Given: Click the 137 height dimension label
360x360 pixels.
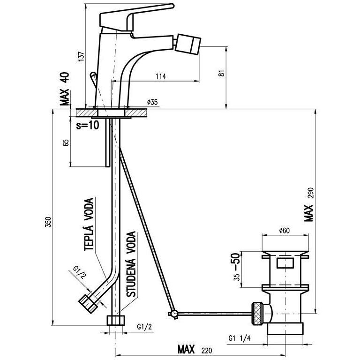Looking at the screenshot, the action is click(81, 56).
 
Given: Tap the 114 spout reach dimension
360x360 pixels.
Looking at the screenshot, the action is click(161, 76).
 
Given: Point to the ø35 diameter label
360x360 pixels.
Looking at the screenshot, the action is click(153, 102).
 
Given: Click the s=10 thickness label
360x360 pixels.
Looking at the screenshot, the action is click(88, 125).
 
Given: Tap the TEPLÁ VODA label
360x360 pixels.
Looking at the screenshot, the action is click(89, 225).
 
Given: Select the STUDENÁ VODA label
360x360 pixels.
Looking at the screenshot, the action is click(131, 264).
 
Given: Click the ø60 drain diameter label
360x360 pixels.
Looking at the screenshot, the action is click(284, 230).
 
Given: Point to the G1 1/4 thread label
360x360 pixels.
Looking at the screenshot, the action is click(240, 338).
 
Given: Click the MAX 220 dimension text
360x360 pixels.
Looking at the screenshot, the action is click(195, 349).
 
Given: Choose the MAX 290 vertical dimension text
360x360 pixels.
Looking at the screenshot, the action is click(309, 204).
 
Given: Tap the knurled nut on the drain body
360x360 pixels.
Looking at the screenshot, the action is click(257, 314).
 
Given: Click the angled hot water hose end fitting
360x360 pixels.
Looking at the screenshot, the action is click(88, 303).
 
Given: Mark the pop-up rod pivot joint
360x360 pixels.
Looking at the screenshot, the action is click(173, 314).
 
